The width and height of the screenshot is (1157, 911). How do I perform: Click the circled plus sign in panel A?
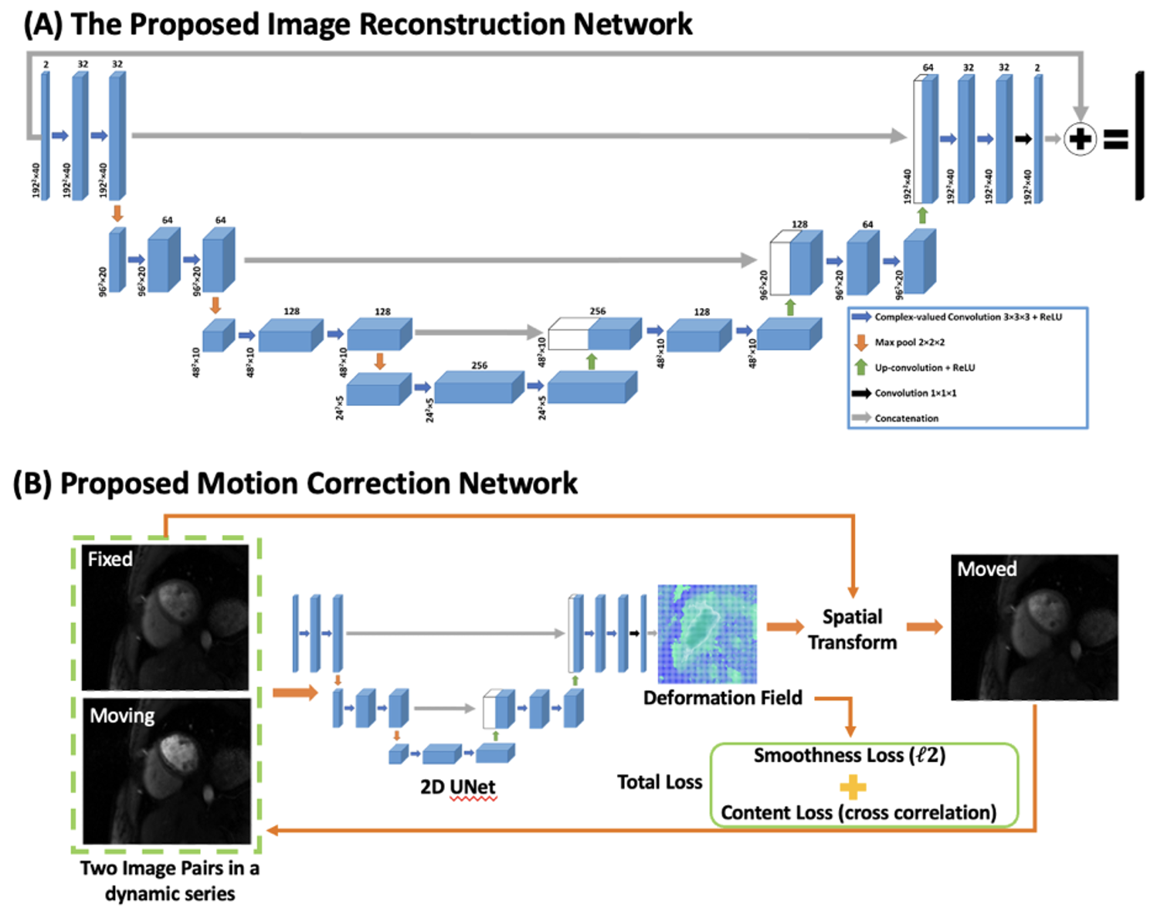pyautogui.click(x=1080, y=140)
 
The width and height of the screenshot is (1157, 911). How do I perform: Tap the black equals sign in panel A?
pyautogui.click(x=1115, y=140)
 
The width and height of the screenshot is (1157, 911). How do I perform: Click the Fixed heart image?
pyautogui.click(x=165, y=618)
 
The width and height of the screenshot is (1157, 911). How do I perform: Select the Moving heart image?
pyautogui.click(x=167, y=770)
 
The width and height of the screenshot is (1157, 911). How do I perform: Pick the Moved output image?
pyautogui.click(x=1034, y=627)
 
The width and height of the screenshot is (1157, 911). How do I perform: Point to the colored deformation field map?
pyautogui.click(x=707, y=634)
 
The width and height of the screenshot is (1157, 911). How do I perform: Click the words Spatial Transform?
pyautogui.click(x=852, y=629)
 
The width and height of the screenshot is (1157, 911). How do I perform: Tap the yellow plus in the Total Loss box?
pyautogui.click(x=852, y=787)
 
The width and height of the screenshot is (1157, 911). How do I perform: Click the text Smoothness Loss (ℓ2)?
pyautogui.click(x=850, y=755)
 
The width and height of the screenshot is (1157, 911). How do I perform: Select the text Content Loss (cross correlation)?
pyautogui.click(x=858, y=812)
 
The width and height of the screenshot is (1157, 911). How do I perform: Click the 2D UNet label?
pyautogui.click(x=458, y=787)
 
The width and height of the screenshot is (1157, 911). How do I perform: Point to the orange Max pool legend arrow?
pyautogui.click(x=861, y=342)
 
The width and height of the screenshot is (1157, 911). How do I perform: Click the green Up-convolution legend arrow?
pyautogui.click(x=861, y=367)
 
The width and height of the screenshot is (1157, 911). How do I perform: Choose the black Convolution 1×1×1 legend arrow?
pyautogui.click(x=861, y=393)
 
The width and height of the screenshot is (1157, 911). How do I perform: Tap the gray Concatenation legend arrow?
pyautogui.click(x=861, y=418)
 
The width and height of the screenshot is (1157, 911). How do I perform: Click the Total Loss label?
pyautogui.click(x=660, y=782)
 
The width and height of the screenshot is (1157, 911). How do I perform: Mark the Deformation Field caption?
pyautogui.click(x=722, y=698)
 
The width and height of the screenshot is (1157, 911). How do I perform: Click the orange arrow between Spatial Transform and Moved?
pyautogui.click(x=924, y=627)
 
